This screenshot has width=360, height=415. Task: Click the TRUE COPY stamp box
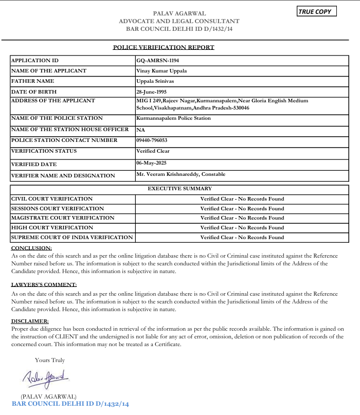click(317, 11)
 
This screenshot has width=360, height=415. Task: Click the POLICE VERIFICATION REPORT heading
click(164, 47)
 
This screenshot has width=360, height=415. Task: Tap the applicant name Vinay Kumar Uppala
click(161, 71)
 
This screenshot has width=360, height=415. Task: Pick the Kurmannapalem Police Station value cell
click(173, 118)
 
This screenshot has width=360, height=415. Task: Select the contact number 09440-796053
click(152, 140)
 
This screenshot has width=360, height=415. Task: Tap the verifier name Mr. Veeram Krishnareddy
click(181, 174)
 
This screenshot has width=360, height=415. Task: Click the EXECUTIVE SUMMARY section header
click(179, 189)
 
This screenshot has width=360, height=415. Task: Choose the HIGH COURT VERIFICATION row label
click(52, 228)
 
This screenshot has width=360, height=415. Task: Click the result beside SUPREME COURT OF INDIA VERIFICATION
click(242, 238)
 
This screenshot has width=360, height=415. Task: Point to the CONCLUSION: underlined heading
click(31, 248)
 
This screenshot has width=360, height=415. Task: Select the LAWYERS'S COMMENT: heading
click(44, 285)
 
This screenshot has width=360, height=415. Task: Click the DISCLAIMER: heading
click(30, 321)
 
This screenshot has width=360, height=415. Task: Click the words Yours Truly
click(50, 360)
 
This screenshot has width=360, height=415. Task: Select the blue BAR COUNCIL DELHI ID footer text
click(70, 404)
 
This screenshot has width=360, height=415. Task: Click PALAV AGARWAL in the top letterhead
click(179, 13)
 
